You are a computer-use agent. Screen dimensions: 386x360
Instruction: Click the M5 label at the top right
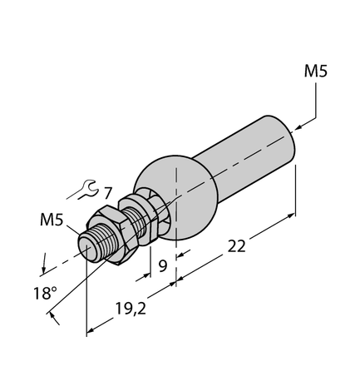point(315,72)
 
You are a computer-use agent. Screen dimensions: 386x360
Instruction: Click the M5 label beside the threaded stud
point(52,220)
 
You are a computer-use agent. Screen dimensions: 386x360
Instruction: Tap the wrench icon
point(81,192)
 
